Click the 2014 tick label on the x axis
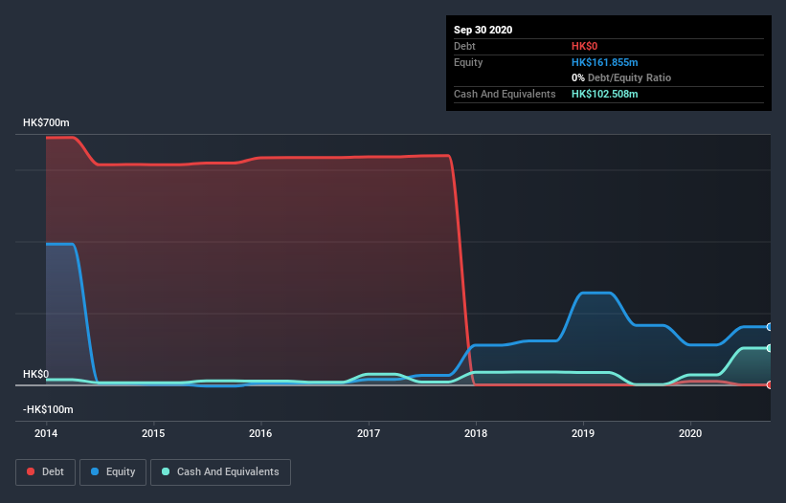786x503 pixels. pyautogui.click(x=46, y=432)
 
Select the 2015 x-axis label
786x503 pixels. pyautogui.click(x=153, y=432)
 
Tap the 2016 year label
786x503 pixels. pyautogui.click(x=260, y=432)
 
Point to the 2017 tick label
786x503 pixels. pyautogui.click(x=368, y=432)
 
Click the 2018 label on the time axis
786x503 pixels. pyautogui.click(x=475, y=432)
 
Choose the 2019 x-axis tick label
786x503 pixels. pyautogui.click(x=582, y=432)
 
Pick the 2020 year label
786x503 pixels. pyautogui.click(x=689, y=432)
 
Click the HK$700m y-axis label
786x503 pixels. pyautogui.click(x=46, y=123)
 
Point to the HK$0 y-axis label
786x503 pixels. pyautogui.click(x=36, y=374)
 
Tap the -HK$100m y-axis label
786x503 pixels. pyautogui.click(x=49, y=409)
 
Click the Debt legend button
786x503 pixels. pyautogui.click(x=44, y=471)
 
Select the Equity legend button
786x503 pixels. pyautogui.click(x=113, y=471)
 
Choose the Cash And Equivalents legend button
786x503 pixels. pyautogui.click(x=220, y=471)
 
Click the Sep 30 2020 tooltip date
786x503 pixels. pyautogui.click(x=483, y=30)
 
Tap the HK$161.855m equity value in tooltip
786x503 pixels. pyautogui.click(x=604, y=62)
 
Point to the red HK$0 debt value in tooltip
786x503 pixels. pyautogui.click(x=585, y=46)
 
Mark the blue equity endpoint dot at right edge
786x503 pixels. pyautogui.click(x=769, y=327)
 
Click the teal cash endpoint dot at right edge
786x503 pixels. pyautogui.click(x=769, y=348)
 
